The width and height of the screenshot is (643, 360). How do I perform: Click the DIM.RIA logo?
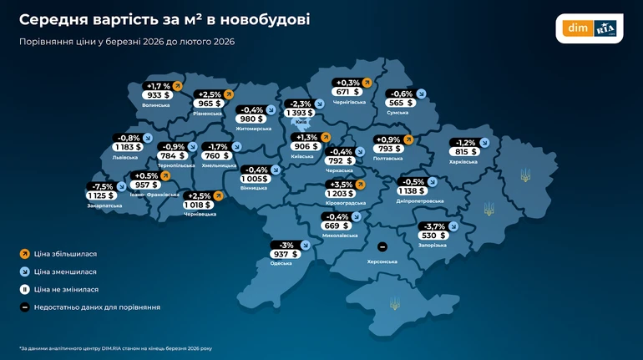coord(590,28)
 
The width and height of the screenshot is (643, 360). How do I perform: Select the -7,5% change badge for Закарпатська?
coord(102,185)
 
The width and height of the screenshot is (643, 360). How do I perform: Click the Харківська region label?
coord(463,162)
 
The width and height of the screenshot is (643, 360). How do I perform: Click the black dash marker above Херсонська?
coord(382,247)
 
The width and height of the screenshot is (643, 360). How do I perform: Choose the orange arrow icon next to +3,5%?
coord(361,184)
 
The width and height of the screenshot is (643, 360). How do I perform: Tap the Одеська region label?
coord(281,263)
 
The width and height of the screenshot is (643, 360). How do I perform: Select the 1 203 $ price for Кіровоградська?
coord(340,194)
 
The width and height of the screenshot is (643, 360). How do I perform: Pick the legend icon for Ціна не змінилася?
coord(24,289)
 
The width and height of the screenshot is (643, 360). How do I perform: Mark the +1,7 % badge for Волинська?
coord(158,85)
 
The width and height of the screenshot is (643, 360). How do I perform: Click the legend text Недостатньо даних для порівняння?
coord(97,307)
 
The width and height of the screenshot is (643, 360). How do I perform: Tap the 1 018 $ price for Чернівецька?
coord(198,205)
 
